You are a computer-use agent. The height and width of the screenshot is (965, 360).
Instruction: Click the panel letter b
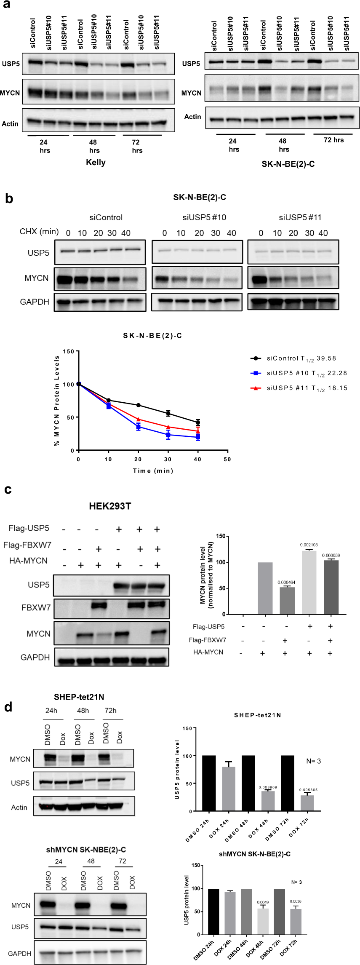(9, 199)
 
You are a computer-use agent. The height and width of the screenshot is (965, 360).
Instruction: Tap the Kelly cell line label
(96, 163)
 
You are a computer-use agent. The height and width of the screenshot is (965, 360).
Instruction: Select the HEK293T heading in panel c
(110, 506)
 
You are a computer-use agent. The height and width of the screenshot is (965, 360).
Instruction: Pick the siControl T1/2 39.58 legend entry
(301, 358)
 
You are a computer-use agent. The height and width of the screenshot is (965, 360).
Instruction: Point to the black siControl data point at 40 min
(198, 422)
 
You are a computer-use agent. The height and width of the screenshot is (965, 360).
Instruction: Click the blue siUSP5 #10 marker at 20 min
(138, 427)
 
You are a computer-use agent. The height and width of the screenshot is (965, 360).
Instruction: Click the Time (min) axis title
(153, 471)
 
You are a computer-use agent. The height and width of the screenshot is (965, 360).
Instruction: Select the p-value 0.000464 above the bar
(286, 582)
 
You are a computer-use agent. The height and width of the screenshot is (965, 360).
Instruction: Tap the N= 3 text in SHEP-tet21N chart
(313, 761)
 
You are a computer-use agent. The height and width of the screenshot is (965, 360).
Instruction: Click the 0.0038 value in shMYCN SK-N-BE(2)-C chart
(296, 901)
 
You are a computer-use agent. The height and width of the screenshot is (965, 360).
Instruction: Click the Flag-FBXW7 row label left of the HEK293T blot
(27, 545)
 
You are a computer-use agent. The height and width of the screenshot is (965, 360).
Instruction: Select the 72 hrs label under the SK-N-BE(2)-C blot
(333, 140)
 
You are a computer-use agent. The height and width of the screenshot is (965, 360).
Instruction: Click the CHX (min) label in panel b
(39, 232)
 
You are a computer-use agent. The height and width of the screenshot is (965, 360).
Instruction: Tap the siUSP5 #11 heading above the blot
(300, 217)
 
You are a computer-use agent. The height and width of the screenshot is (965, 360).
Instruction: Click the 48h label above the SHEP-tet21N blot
(83, 711)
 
